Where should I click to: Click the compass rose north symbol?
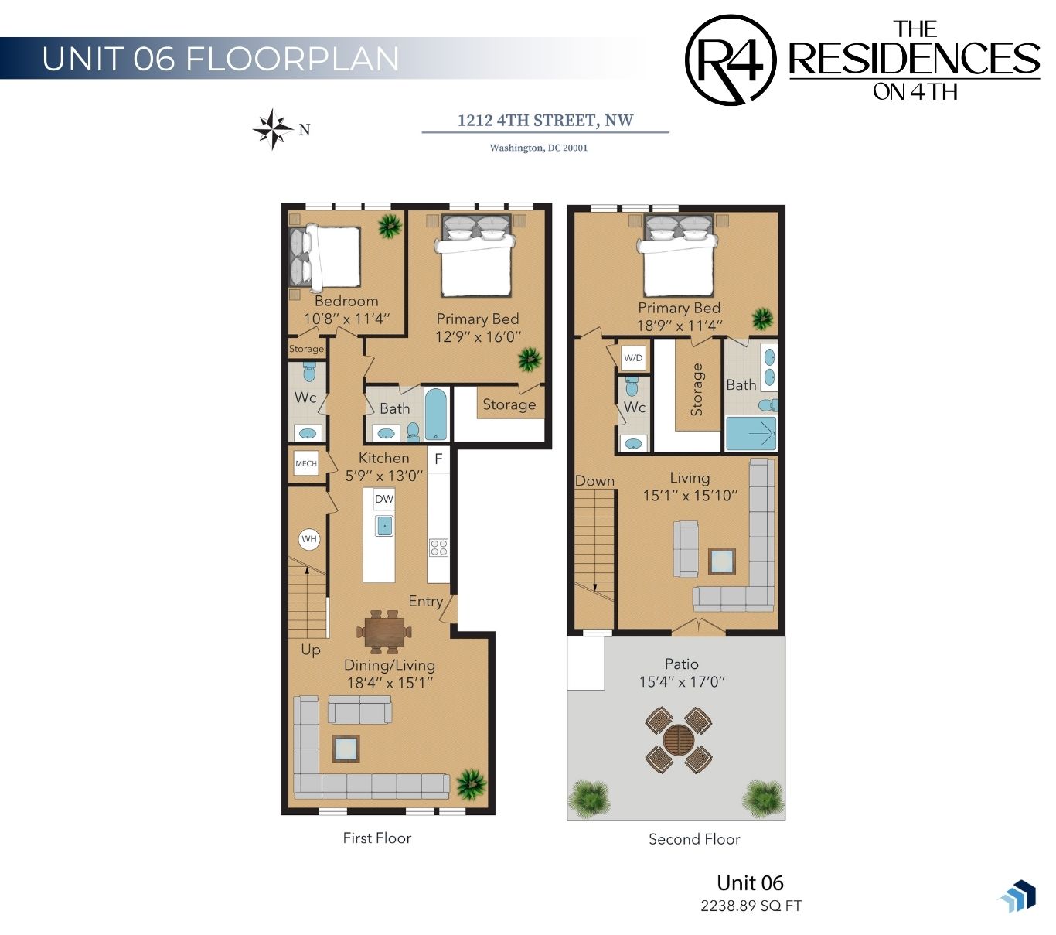(x=272, y=128)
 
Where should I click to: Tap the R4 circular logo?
(x=730, y=60)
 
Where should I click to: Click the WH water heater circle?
(x=308, y=539)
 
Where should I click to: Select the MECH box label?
(x=306, y=463)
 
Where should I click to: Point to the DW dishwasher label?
(x=384, y=499)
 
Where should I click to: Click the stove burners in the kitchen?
(x=438, y=548)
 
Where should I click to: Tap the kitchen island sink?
(x=384, y=526)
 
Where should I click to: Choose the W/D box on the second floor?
(x=633, y=358)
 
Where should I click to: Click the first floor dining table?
(x=384, y=632)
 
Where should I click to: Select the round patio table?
(x=678, y=739)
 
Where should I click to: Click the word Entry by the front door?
(x=425, y=601)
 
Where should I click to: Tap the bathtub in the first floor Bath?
(x=436, y=414)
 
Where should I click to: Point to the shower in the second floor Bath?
(x=751, y=433)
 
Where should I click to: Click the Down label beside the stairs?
(x=594, y=480)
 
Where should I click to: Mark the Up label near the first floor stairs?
(x=310, y=650)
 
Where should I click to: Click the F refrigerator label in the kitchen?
(x=438, y=459)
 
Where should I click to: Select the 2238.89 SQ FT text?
(x=751, y=906)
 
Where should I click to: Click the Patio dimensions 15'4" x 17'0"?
(x=682, y=681)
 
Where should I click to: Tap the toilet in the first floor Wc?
(x=308, y=372)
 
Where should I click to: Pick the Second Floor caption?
(x=693, y=838)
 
